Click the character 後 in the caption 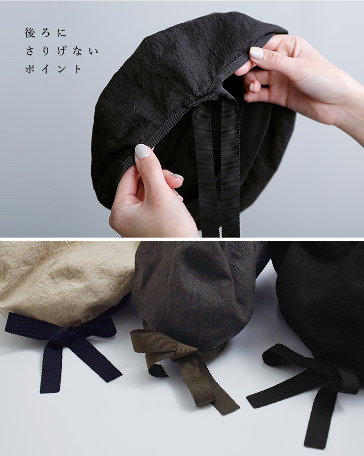click(x=30, y=32)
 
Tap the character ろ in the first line click(x=45, y=33)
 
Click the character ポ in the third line click(x=30, y=69)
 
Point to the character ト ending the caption click(x=78, y=69)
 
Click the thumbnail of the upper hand click(x=257, y=53)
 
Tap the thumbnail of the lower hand click(x=142, y=151)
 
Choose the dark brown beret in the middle click(x=197, y=294)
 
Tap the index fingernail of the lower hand click(x=142, y=151)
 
